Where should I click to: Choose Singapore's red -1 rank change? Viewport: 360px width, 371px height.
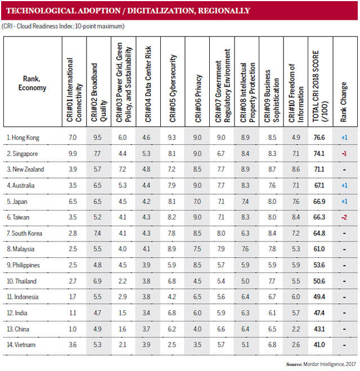click(x=343, y=153)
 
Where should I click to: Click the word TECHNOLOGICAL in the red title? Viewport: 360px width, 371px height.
click(x=39, y=11)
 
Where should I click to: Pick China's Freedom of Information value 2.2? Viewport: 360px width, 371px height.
click(x=295, y=329)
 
